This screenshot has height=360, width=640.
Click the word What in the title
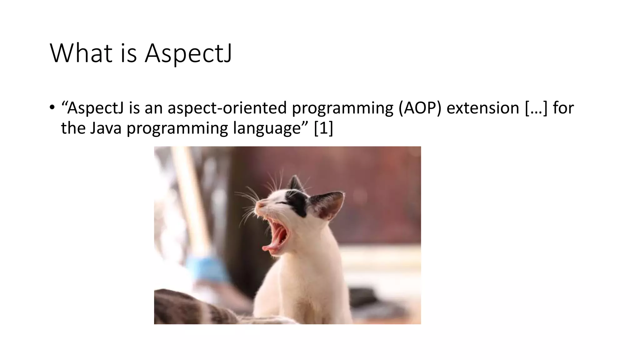pos(81,53)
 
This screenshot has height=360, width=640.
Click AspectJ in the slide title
pos(188,53)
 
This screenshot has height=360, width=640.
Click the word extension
pos(483,108)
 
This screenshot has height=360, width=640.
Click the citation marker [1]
pos(323,128)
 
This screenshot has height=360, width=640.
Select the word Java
pos(106,128)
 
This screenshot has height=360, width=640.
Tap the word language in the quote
pos(267,128)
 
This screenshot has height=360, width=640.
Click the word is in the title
pos(128,53)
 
